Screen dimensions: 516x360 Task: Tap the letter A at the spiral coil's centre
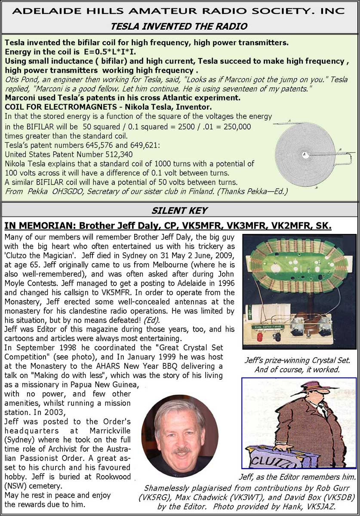pyautogui.click(x=304, y=154)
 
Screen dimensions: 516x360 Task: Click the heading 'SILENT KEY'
pyautogui.click(x=180, y=211)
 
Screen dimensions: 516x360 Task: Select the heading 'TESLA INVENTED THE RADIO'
pyautogui.click(x=179, y=27)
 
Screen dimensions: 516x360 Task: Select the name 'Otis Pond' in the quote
pyautogui.click(x=21, y=80)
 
